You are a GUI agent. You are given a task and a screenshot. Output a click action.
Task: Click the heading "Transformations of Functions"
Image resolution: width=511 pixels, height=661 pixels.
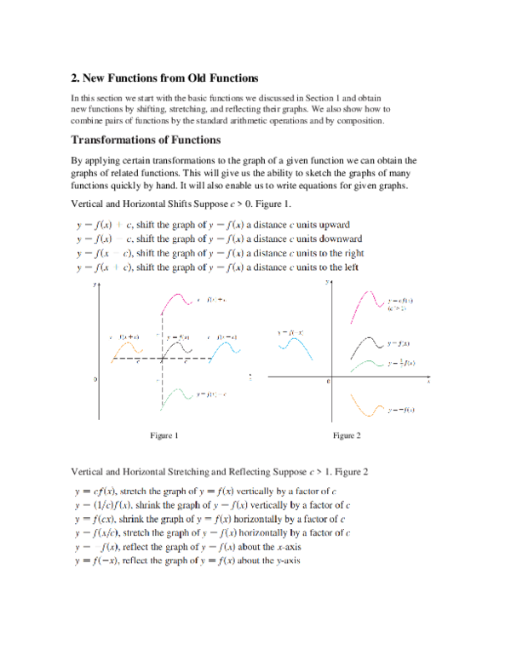click(x=146, y=140)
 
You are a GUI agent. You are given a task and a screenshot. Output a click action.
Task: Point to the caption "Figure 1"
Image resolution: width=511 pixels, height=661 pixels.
click(x=164, y=435)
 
